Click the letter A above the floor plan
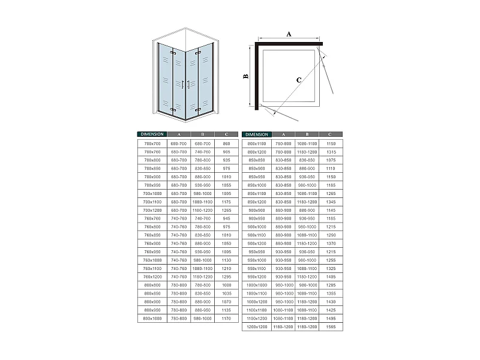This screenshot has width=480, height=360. (288, 34)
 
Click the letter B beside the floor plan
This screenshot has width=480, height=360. (245, 76)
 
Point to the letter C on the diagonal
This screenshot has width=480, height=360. (298, 79)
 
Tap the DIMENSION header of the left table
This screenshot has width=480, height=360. (151, 134)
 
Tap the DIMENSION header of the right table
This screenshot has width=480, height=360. (256, 134)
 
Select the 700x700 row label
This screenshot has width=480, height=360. (152, 144)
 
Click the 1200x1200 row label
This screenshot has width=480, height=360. (257, 328)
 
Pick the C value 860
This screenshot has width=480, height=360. (226, 144)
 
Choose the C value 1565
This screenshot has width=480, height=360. (331, 328)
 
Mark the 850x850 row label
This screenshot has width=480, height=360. (257, 160)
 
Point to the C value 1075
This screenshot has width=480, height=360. (331, 160)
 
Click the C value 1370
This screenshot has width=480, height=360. (331, 244)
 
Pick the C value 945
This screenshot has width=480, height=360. (226, 219)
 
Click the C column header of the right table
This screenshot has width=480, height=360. (331, 134)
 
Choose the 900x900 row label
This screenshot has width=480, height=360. (257, 211)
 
